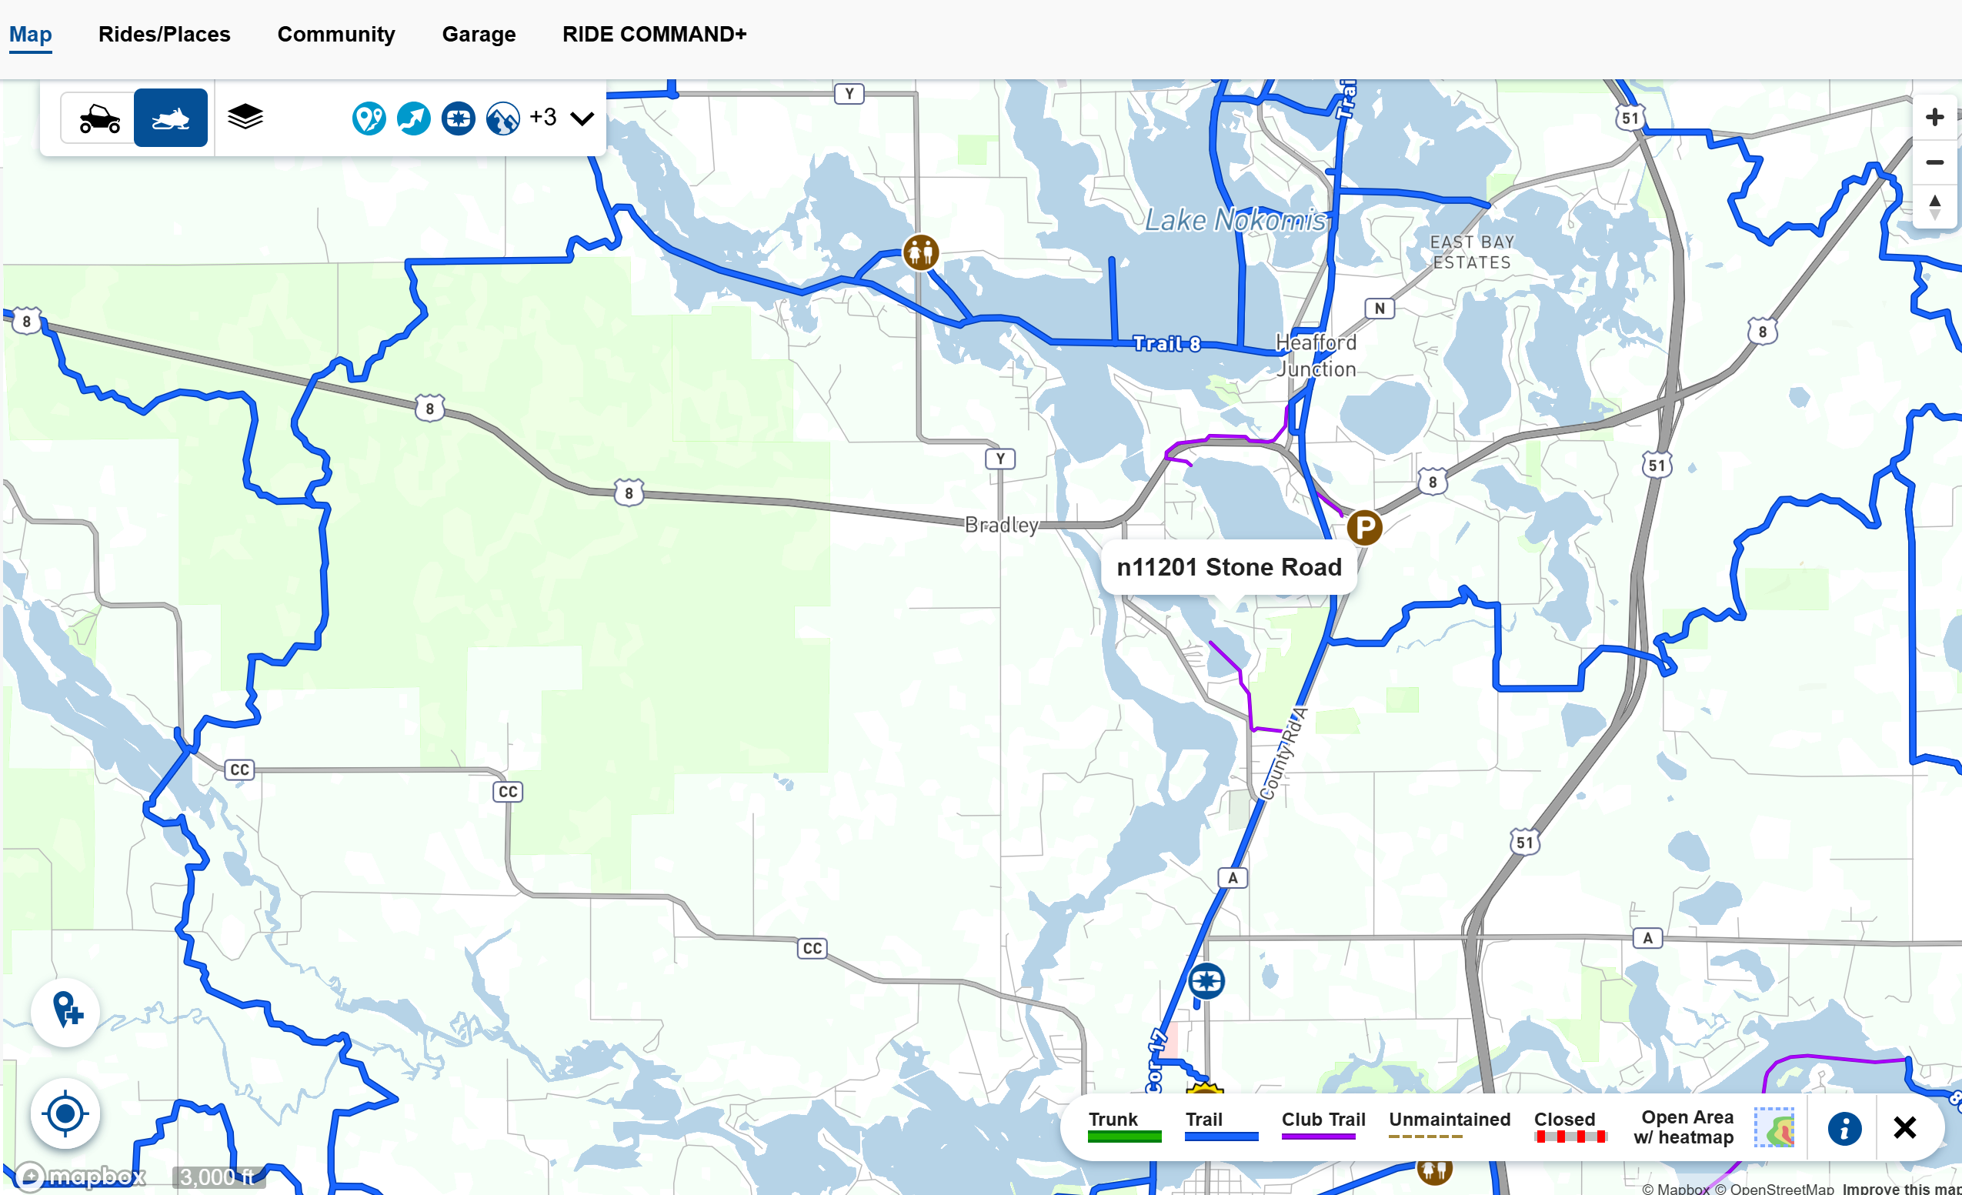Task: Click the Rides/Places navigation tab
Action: (164, 34)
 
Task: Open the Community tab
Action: (335, 34)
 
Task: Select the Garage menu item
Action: (479, 34)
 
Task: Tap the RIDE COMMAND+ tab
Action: (654, 34)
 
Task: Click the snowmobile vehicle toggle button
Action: (170, 118)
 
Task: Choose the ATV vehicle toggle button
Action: (98, 118)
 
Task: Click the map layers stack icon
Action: (245, 117)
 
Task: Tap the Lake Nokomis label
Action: (1235, 220)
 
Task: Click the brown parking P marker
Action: (1364, 527)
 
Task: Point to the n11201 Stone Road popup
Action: (1229, 567)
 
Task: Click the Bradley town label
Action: (1001, 525)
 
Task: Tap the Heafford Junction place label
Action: (1316, 355)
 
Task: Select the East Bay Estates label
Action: (1471, 252)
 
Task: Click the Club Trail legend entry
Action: (1323, 1125)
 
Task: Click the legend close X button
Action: (1904, 1127)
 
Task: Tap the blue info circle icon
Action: (1844, 1128)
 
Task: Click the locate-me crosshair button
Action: (65, 1113)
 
